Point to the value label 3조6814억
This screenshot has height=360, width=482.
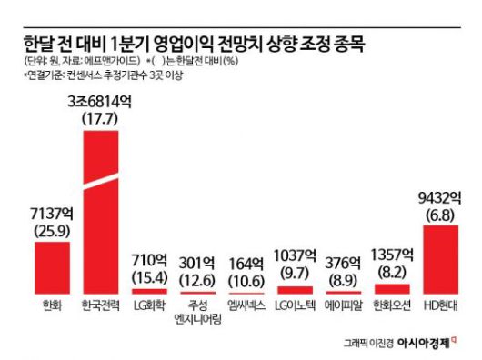(101, 104)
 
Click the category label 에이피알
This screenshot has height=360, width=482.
(342, 304)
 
